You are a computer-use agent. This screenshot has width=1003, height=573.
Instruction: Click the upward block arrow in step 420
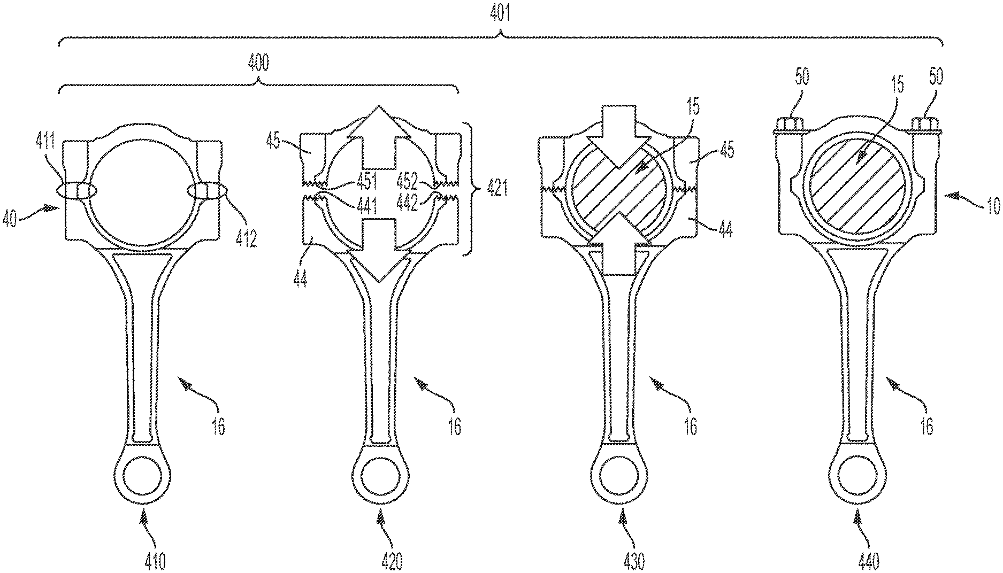click(379, 134)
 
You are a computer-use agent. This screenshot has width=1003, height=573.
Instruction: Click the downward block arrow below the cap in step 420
click(379, 257)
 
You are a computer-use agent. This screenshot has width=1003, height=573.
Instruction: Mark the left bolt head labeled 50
click(788, 125)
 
